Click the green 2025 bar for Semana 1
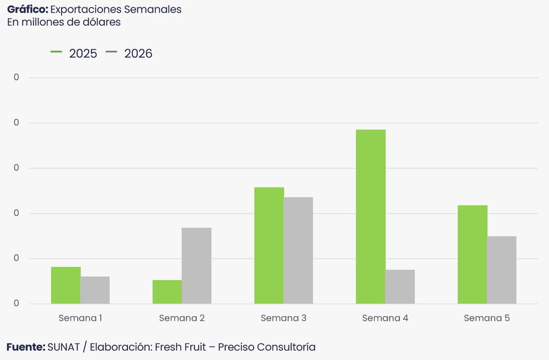[x=65, y=285]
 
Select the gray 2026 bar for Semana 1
[x=95, y=290]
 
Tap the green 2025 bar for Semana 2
[x=167, y=291]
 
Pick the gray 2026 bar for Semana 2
[x=196, y=266]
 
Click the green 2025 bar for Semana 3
[x=269, y=245]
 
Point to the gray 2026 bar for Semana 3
[x=298, y=250]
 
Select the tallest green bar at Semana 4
[x=370, y=216]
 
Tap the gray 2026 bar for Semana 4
[x=400, y=287]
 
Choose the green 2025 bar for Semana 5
[x=472, y=254]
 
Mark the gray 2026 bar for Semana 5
[x=502, y=270]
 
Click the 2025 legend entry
[x=75, y=54]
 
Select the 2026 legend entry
[x=130, y=54]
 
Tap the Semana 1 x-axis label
[x=80, y=318]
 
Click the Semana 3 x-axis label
[x=284, y=318]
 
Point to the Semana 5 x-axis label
[x=487, y=318]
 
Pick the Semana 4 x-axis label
[x=385, y=318]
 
